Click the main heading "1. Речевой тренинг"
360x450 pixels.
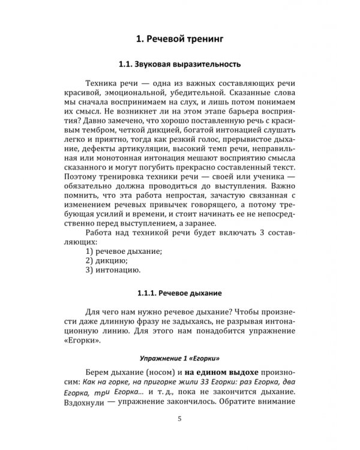tap(180, 40)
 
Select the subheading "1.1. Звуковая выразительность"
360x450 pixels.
tap(180, 63)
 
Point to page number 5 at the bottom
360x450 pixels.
tap(180, 419)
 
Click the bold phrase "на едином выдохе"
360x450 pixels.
tap(211, 370)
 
